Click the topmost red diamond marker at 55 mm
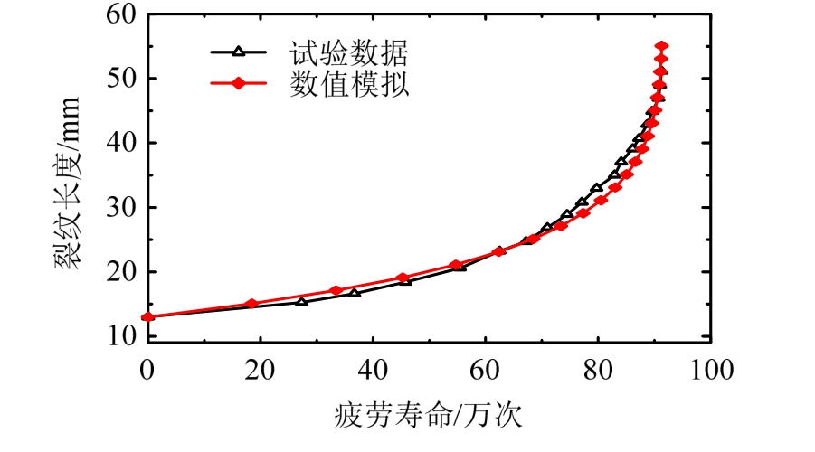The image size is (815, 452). point(661,46)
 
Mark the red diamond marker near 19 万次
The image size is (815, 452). point(252,304)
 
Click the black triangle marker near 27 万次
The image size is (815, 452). point(301,300)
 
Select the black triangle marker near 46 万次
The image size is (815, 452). point(406,280)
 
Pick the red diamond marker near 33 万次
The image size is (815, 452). point(336,290)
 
